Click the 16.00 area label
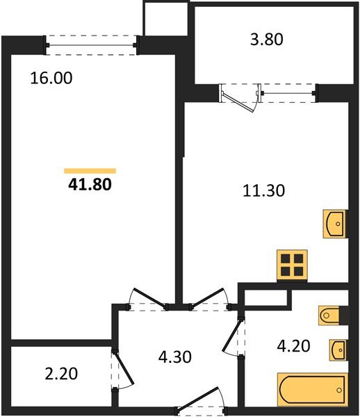(51, 78)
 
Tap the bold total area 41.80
(90, 185)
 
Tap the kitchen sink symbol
(334, 223)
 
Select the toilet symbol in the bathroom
(331, 316)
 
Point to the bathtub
(312, 389)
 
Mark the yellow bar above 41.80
(90, 170)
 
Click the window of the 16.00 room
(92, 44)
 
